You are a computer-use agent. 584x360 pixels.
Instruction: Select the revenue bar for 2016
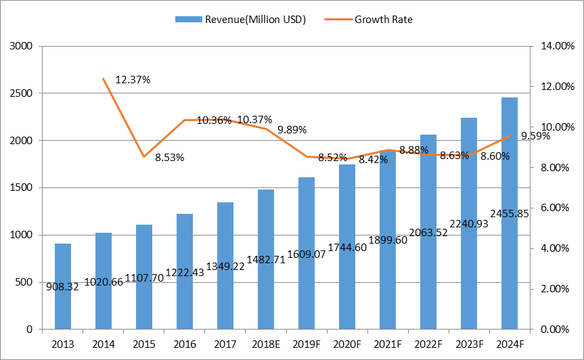[184, 244]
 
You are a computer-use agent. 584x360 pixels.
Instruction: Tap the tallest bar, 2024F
[509, 169]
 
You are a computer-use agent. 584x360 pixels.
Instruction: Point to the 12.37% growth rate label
[133, 80]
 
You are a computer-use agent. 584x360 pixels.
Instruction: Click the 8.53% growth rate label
[169, 158]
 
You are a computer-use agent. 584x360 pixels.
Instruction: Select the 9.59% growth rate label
[535, 136]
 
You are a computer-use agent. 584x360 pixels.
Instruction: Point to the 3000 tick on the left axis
[23, 47]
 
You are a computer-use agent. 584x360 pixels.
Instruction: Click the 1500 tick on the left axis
[23, 188]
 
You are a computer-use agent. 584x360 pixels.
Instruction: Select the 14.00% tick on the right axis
[554, 47]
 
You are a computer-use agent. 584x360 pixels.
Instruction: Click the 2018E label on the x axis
[265, 344]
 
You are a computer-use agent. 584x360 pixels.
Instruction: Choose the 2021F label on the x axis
[387, 344]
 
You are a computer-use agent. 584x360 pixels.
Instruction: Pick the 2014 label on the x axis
[103, 344]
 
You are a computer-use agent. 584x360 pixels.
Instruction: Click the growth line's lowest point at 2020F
[346, 159]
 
